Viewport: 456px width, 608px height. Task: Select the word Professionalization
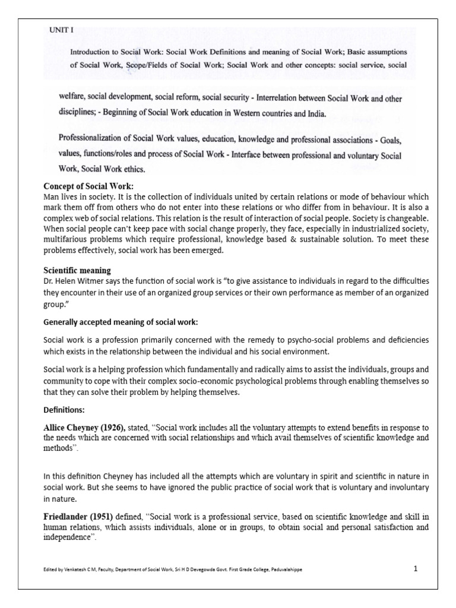point(94,138)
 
